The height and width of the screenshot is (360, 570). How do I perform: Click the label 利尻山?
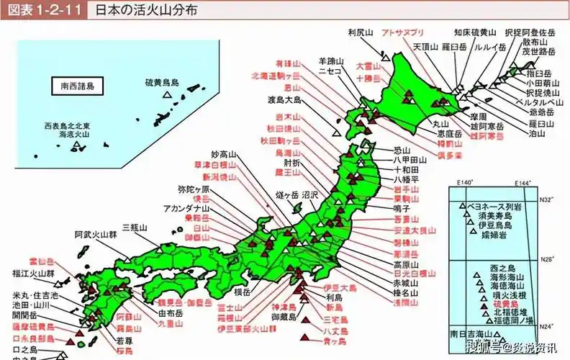pos(360,33)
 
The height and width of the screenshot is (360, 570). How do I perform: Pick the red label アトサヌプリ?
pos(402,33)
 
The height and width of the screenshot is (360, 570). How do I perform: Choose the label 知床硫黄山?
pos(475,32)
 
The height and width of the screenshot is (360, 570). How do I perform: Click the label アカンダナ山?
pos(185,208)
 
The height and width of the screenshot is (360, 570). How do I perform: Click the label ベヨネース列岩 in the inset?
pos(496,205)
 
